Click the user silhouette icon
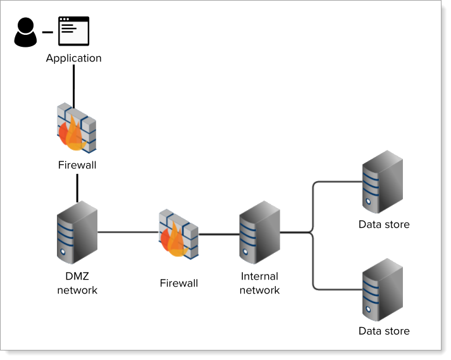coord(26,32)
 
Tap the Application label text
coord(73,58)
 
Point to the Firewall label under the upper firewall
coord(77,165)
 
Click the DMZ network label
coord(77,283)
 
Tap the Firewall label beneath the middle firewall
coord(178,283)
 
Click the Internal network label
coord(260,283)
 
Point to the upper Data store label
coord(384,224)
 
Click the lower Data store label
coord(384,331)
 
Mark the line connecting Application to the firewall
coord(74,85)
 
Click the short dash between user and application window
coord(47,32)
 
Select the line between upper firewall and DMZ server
coord(77,187)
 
